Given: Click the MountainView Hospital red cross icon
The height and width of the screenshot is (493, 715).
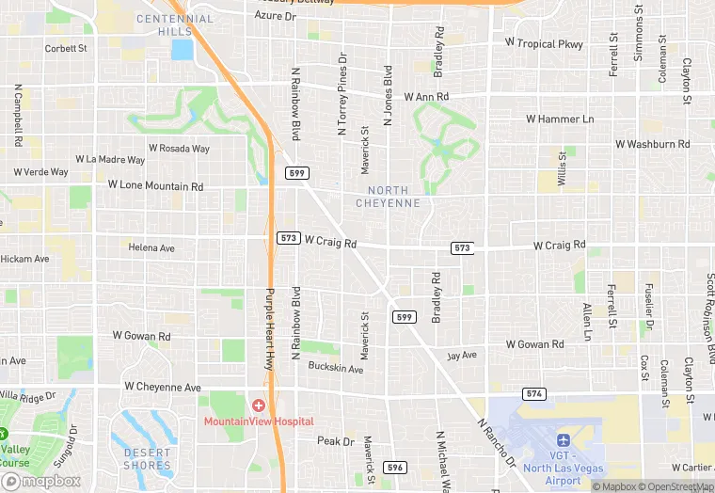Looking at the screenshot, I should tap(259, 405).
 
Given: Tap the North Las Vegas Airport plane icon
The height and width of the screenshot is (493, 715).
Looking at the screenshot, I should tap(564, 439).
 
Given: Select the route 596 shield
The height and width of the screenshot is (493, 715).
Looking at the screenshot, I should tap(395, 468).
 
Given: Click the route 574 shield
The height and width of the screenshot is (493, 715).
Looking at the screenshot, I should tap(533, 392).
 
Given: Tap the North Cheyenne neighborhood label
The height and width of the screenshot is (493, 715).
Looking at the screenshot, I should tap(394, 197).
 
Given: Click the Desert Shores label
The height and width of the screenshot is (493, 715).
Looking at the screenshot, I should tap(148, 458).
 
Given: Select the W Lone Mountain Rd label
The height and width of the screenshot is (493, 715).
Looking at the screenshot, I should tap(155, 186).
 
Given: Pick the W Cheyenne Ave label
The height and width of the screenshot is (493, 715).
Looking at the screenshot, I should tap(163, 387).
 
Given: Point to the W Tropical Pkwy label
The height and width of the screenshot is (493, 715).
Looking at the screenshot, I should tap(544, 43).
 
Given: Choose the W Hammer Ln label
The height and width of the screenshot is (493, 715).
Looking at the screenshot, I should tap(560, 119).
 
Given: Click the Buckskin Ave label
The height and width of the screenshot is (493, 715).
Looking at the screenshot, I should tap(338, 369).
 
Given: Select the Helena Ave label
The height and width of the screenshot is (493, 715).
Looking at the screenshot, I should tap(151, 247).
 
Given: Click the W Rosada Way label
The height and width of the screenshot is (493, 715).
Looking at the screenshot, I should tap(179, 149).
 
